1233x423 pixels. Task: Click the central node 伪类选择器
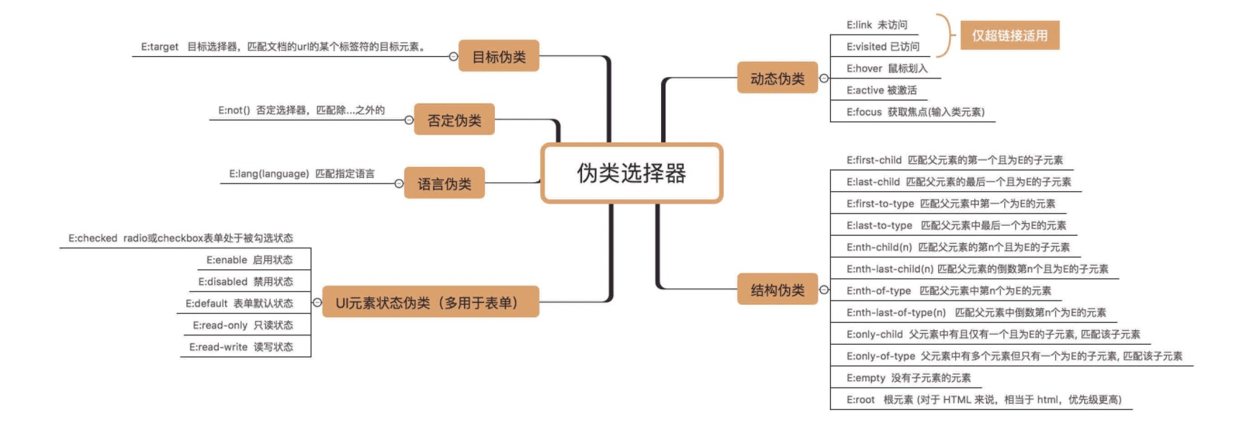click(631, 173)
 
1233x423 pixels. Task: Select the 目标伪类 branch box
click(499, 56)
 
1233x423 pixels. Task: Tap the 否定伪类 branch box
click(454, 119)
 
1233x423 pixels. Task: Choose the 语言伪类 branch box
click(444, 183)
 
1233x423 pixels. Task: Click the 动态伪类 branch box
click(777, 78)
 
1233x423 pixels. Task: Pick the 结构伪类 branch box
click(777, 289)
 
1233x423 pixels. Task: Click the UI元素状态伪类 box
click(429, 302)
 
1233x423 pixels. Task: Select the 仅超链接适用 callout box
click(1009, 35)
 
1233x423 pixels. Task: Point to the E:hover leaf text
click(886, 68)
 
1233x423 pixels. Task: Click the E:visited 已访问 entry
click(882, 47)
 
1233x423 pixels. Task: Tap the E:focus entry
click(914, 112)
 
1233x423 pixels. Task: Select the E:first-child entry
click(954, 160)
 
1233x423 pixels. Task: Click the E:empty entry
click(908, 378)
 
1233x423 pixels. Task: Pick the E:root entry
click(983, 399)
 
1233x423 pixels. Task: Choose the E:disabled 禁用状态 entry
click(245, 281)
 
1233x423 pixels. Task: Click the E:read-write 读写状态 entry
click(241, 347)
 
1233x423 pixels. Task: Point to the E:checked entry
click(181, 238)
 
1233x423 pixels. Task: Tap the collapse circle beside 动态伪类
click(824, 78)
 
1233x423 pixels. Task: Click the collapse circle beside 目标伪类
click(453, 56)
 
